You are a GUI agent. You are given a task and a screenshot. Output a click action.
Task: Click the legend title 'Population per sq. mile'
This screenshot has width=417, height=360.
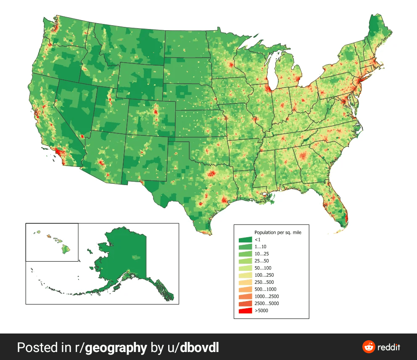[278, 232]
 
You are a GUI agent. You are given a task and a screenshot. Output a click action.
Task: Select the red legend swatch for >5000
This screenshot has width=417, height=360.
[245, 311]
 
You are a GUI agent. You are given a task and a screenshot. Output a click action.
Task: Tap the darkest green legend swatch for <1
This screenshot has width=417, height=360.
[245, 239]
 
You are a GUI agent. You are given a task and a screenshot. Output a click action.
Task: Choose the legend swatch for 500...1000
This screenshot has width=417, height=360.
[245, 289]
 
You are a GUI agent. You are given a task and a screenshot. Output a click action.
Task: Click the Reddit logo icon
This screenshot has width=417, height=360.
[369, 347]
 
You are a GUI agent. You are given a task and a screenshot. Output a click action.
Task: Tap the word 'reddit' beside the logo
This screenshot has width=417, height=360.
[389, 347]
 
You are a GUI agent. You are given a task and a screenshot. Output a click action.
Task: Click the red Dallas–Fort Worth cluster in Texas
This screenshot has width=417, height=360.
[211, 173]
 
